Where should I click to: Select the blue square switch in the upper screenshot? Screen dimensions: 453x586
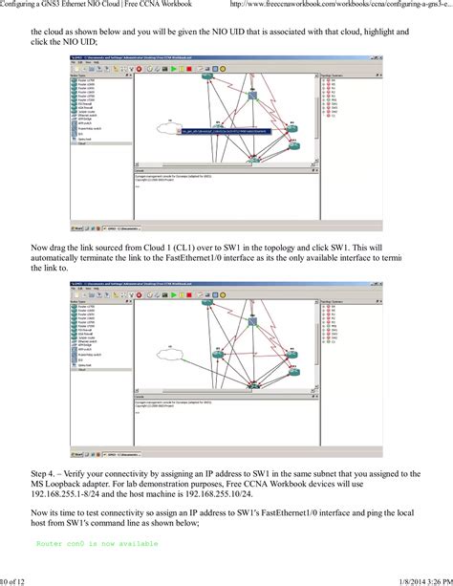coord(252,94)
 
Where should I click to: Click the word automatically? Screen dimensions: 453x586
coord(65,258)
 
